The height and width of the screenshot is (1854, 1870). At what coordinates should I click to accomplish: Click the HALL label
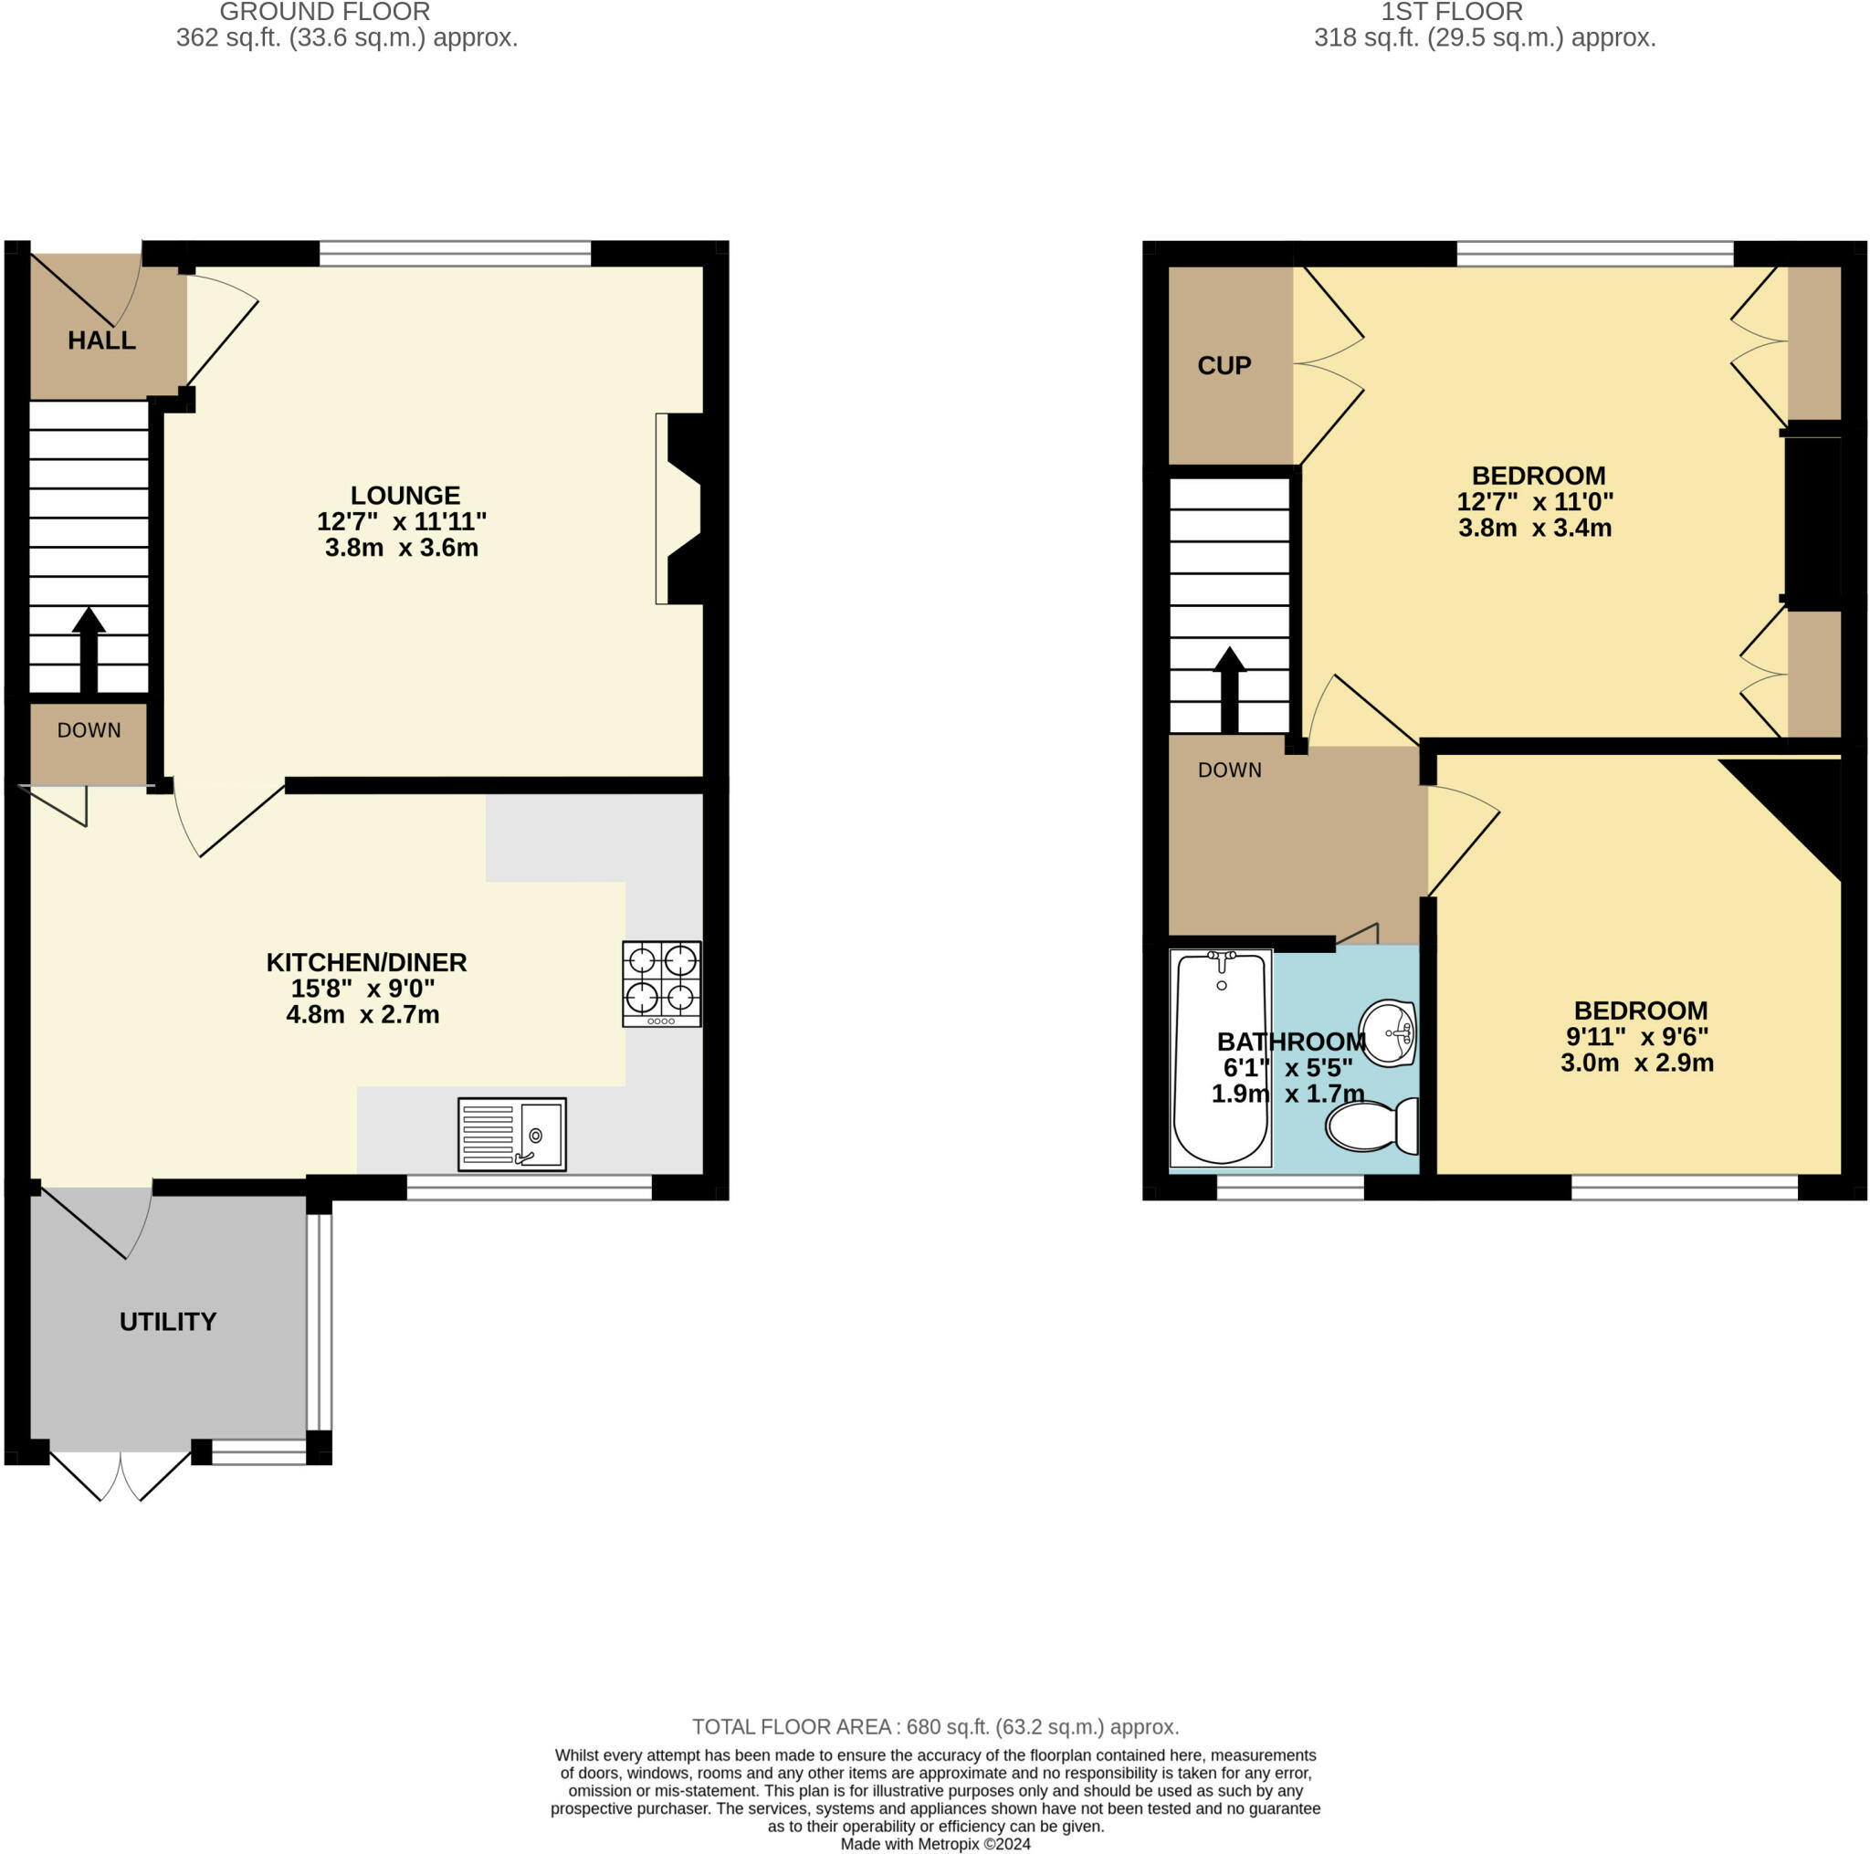pyautogui.click(x=101, y=340)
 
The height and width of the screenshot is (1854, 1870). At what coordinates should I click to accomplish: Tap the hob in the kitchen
pyautogui.click(x=661, y=983)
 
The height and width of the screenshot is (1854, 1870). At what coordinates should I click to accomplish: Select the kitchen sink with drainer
pyautogui.click(x=511, y=1134)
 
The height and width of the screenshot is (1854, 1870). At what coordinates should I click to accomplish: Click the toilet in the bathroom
pyautogui.click(x=1371, y=1126)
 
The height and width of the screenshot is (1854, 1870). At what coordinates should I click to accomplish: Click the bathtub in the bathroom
pyautogui.click(x=1221, y=1058)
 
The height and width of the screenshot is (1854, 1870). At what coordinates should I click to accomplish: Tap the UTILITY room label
pyautogui.click(x=167, y=1322)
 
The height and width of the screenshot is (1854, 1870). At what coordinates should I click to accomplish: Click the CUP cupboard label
pyautogui.click(x=1224, y=366)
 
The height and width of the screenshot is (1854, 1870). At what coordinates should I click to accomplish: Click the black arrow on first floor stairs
pyautogui.click(x=1229, y=689)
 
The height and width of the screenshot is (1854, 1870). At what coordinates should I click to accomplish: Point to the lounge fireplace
pyautogui.click(x=681, y=509)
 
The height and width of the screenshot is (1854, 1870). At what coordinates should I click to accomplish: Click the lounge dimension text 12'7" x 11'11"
pyautogui.click(x=402, y=521)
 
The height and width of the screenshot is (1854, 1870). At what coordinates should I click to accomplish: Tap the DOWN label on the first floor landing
pyautogui.click(x=1229, y=770)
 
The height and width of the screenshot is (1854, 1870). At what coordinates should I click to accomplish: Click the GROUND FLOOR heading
pyautogui.click(x=324, y=13)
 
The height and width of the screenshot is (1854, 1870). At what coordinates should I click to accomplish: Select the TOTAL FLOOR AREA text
pyautogui.click(x=935, y=1727)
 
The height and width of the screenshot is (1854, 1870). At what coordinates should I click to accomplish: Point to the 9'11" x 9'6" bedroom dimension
pyautogui.click(x=1637, y=1036)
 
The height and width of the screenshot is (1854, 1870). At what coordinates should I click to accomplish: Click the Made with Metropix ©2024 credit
pyautogui.click(x=935, y=1844)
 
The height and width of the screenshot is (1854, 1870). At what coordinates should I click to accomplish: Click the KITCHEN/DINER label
pyautogui.click(x=366, y=963)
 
